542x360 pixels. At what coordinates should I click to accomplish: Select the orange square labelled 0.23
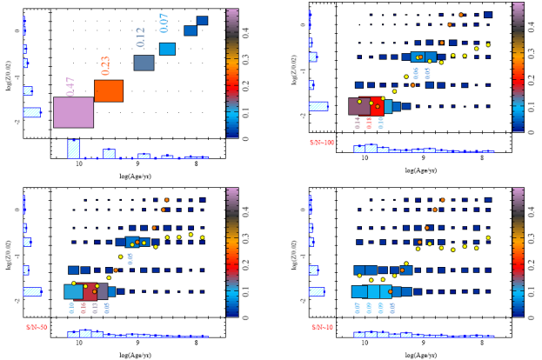tap(109, 90)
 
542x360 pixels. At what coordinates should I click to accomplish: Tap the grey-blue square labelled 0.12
tap(144, 63)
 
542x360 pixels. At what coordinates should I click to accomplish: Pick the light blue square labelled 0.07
tap(168, 49)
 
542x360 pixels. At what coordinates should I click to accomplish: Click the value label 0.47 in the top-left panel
tap(70, 86)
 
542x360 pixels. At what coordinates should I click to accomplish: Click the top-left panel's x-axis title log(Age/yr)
tap(137, 175)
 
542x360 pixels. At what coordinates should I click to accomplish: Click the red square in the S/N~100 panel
tap(376, 106)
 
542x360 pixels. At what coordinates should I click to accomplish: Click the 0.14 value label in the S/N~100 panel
tap(358, 123)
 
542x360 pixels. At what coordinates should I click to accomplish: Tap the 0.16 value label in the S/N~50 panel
tap(84, 306)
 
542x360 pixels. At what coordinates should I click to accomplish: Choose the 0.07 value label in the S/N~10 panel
tap(358, 306)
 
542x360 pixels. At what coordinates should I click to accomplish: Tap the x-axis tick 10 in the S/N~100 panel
tap(365, 159)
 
